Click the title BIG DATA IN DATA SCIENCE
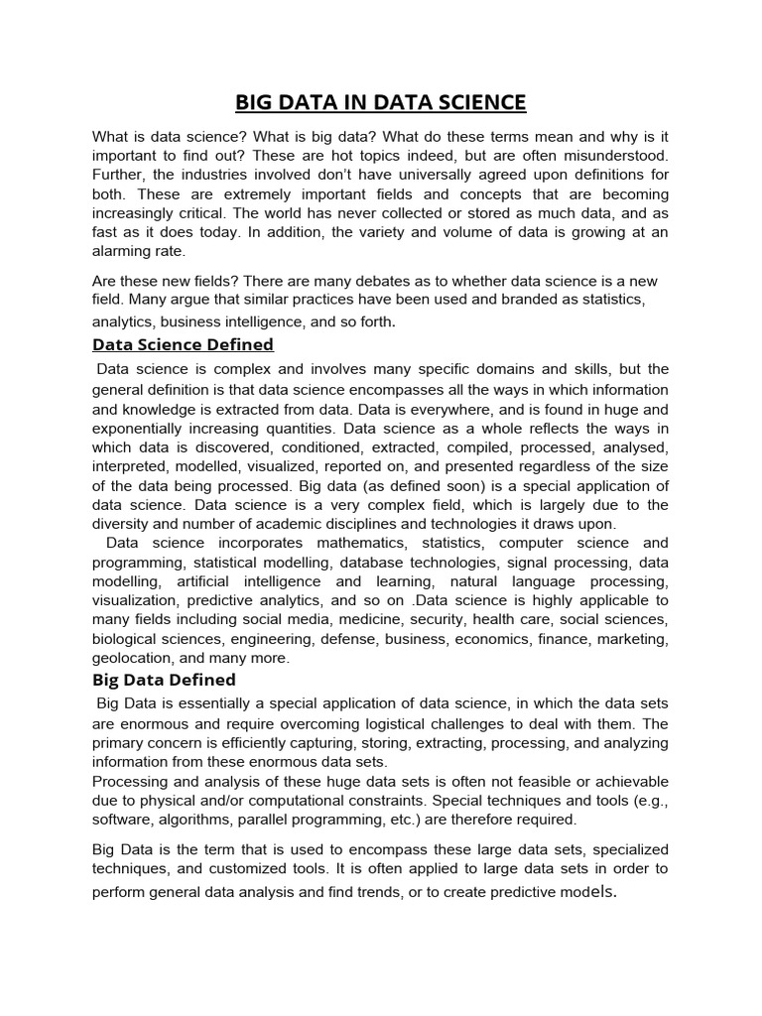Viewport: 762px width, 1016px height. coord(381,102)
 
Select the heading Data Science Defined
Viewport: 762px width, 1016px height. coord(183,344)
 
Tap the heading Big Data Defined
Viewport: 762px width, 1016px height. coord(164,680)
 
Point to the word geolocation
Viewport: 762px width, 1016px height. coord(131,657)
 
